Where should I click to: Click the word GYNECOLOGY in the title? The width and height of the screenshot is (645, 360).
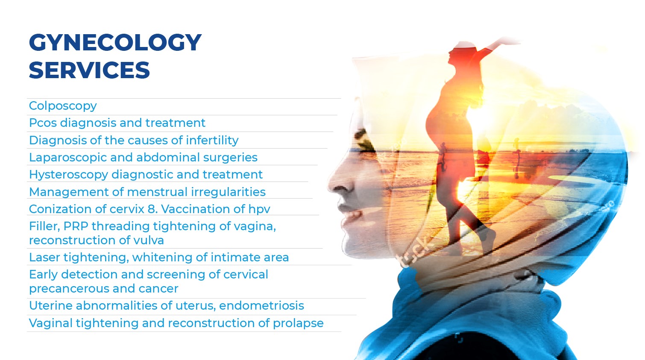(115, 43)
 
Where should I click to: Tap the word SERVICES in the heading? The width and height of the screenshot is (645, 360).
(89, 70)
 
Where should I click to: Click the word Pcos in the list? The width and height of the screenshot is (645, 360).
(43, 123)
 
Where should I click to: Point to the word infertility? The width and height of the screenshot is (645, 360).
(212, 140)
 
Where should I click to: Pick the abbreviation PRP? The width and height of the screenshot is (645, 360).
(76, 226)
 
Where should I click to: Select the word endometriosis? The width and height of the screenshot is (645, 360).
(261, 306)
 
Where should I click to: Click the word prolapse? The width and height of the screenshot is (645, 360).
(298, 323)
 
